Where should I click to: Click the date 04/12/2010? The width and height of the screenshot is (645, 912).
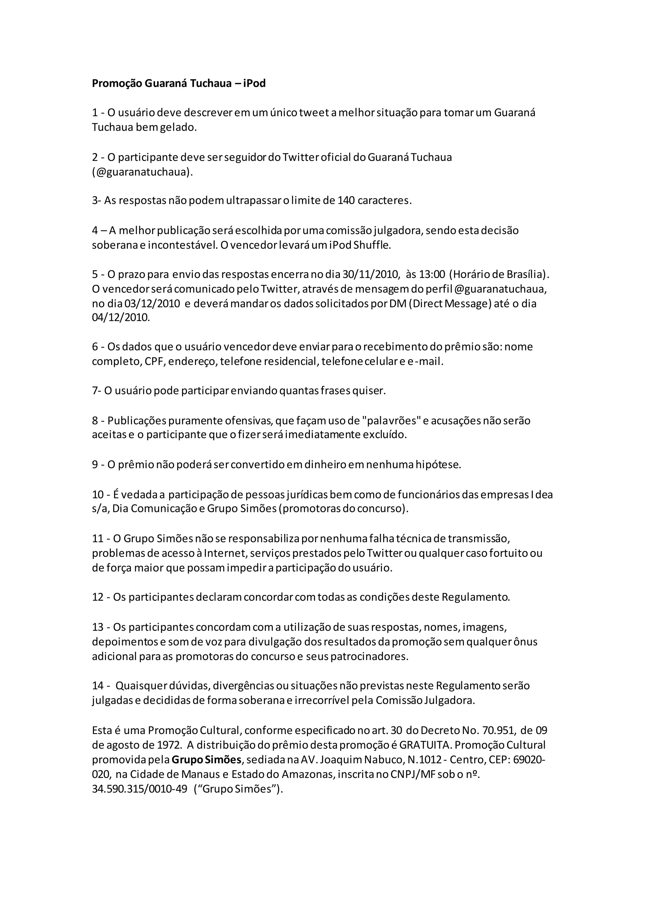(x=121, y=318)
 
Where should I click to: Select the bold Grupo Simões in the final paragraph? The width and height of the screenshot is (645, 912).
(x=206, y=760)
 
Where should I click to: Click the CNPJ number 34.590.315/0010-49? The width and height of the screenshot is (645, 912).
(x=140, y=789)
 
